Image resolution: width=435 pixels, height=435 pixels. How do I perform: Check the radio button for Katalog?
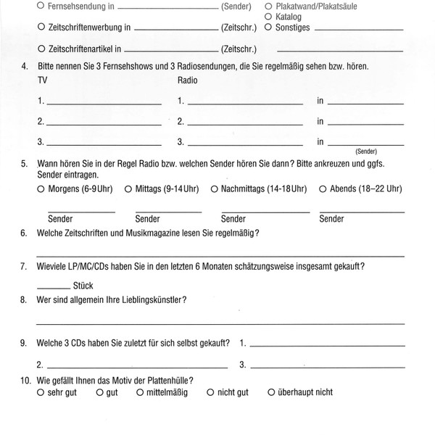(269, 15)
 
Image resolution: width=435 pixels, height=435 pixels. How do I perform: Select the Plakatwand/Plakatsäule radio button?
(269, 5)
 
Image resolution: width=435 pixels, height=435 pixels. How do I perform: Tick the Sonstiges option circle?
(269, 27)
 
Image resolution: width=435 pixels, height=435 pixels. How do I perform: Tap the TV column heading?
(42, 79)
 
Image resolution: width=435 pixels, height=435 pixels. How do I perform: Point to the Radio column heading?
(187, 79)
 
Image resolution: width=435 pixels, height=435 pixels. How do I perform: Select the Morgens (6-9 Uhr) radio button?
(41, 189)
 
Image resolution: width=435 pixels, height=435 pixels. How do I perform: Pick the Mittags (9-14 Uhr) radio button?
(128, 189)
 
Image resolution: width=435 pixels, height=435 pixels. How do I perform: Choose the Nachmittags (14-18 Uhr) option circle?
(215, 189)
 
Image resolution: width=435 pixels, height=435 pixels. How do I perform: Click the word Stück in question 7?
(84, 286)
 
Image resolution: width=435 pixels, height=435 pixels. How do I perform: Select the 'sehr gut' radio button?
(41, 392)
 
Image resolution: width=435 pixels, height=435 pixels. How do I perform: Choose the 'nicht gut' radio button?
(210, 392)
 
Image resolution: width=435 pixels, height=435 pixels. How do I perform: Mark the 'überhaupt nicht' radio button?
(270, 392)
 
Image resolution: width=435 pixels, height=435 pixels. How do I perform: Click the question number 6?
(24, 233)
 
